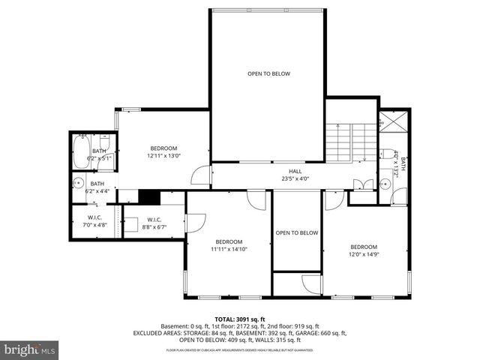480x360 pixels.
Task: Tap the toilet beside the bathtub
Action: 106,142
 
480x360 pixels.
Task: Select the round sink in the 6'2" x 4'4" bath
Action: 78,182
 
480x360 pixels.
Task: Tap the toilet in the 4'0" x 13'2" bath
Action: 399,198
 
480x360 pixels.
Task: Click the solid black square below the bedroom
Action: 150,196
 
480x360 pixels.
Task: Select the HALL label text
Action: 274,171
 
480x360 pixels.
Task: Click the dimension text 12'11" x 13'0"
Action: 163,155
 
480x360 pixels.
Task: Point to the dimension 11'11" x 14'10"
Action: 228,249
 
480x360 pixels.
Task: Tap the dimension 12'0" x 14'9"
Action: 364,254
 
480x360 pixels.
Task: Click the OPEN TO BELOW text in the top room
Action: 268,73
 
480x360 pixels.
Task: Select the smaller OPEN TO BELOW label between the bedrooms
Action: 296,232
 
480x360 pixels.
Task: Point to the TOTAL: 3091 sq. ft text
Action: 240,319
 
